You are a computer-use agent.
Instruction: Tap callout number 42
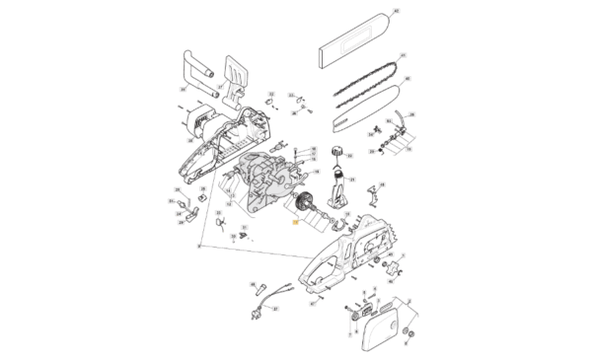click(x=397, y=11)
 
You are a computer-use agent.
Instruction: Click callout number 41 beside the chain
click(x=403, y=55)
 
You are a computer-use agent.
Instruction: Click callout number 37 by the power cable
click(x=277, y=309)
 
